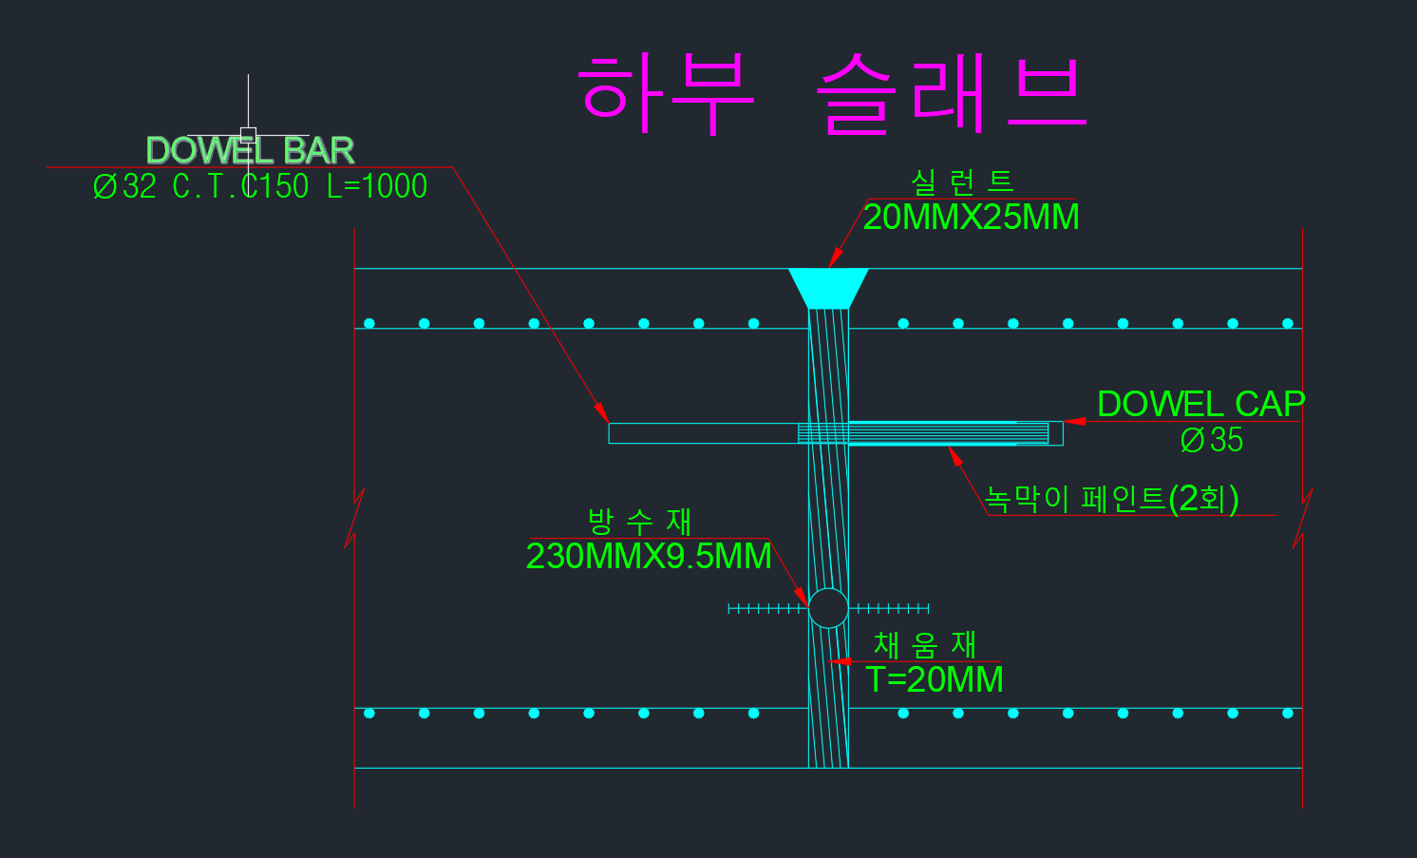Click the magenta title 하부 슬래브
click(832, 92)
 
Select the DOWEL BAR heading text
click(250, 151)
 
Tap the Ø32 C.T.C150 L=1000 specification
click(260, 186)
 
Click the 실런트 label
click(962, 181)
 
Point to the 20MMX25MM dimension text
click(971, 218)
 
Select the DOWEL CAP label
click(1200, 404)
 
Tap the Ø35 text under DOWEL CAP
click(1211, 440)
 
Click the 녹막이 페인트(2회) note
click(1111, 498)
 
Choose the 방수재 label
click(639, 521)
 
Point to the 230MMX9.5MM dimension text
click(649, 557)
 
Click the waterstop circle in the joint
click(828, 608)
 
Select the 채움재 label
click(924, 645)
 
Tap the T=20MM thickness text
click(935, 680)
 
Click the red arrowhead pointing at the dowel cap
click(1074, 421)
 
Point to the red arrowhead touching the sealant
click(835, 257)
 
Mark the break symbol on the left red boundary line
click(354, 519)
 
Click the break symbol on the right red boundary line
click(1302, 519)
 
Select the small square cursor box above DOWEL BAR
click(248, 135)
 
